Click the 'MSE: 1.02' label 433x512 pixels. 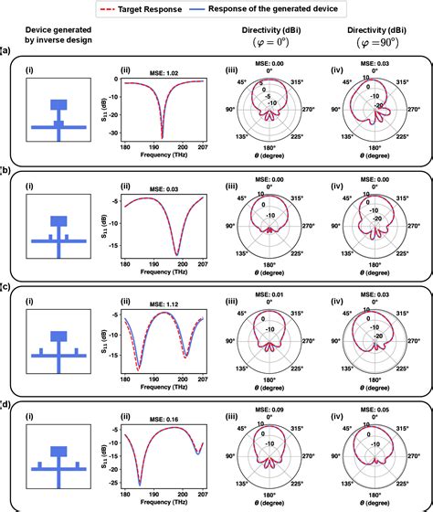164,71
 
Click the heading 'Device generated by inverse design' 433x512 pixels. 56,36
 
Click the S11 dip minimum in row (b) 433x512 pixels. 175,254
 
